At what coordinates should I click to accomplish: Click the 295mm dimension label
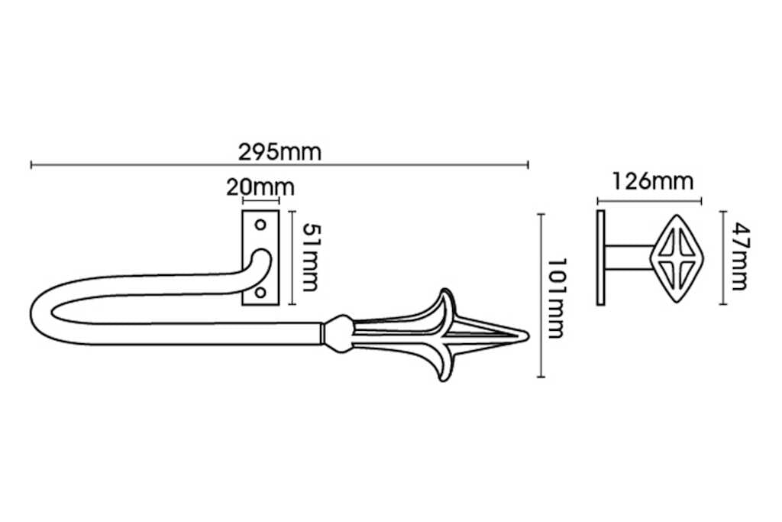click(280, 152)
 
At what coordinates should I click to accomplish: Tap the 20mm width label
click(260, 186)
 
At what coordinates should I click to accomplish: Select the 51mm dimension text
click(309, 258)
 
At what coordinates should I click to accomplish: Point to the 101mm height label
click(559, 296)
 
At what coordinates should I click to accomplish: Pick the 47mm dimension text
click(739, 256)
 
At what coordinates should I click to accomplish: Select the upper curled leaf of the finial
click(444, 302)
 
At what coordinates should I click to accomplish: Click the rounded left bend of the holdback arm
click(42, 313)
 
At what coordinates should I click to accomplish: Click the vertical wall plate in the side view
click(600, 257)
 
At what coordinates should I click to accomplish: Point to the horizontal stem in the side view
click(628, 257)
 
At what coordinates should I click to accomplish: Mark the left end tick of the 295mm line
click(31, 164)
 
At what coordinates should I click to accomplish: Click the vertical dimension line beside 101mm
click(541, 296)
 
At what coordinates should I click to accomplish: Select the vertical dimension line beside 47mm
click(720, 257)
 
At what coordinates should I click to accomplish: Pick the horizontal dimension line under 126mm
click(649, 201)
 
